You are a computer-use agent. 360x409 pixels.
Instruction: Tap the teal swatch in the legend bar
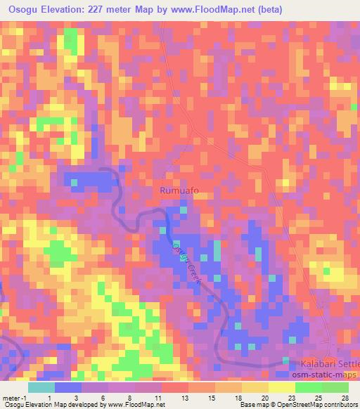pyautogui.click(x=41, y=387)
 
